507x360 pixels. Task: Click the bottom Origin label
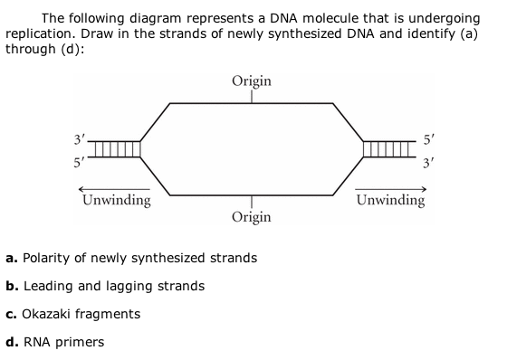(251, 217)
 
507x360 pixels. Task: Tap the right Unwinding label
(390, 200)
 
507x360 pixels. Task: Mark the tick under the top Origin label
(251, 95)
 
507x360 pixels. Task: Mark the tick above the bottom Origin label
(251, 202)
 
